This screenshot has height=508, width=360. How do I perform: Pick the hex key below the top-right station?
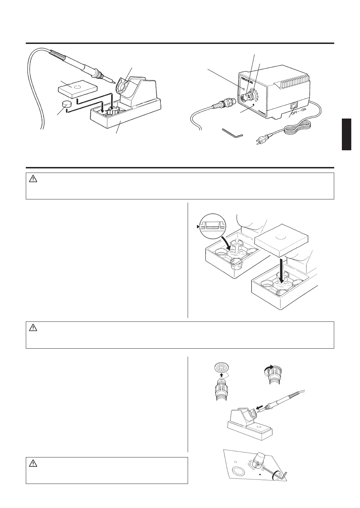[x=232, y=133]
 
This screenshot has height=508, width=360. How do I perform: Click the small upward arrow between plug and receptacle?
[x=221, y=376]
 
